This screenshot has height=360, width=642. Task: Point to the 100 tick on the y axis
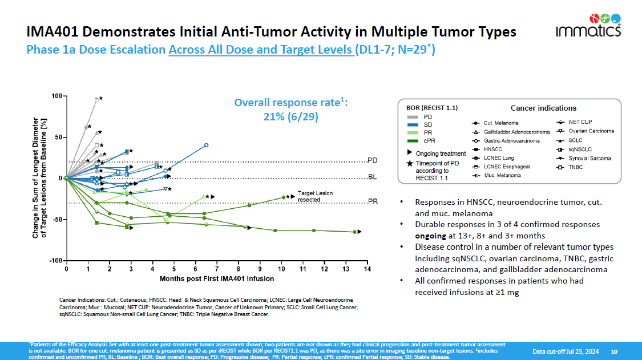(57, 96)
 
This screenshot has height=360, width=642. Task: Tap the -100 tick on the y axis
(55, 261)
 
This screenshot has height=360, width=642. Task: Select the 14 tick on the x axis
(368, 269)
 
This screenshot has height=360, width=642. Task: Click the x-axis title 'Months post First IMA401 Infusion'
(217, 279)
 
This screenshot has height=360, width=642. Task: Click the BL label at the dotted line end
(372, 177)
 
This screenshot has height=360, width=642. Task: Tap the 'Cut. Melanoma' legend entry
(500, 123)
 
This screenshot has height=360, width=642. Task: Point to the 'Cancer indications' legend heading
(543, 108)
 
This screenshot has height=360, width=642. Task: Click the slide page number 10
(614, 351)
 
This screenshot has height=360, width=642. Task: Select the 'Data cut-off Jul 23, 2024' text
(566, 351)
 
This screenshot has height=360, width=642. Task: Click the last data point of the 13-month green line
(355, 232)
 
